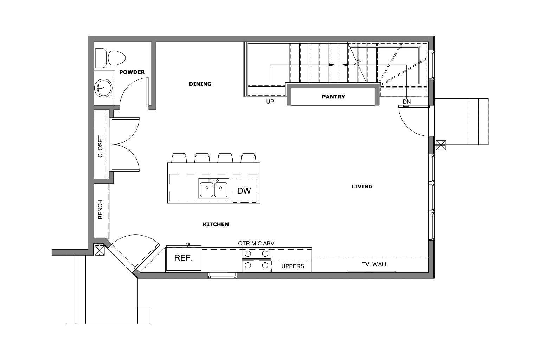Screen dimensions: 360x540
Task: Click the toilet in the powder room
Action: click(110, 58)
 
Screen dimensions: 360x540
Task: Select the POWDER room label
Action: click(132, 72)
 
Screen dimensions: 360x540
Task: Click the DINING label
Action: click(200, 84)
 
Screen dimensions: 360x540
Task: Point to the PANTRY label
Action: click(333, 96)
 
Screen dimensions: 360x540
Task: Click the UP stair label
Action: click(270, 102)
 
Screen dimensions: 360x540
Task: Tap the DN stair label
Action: click(406, 102)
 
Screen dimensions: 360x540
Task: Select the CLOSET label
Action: click(101, 146)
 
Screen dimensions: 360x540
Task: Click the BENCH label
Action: click(101, 210)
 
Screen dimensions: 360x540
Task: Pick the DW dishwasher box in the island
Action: click(244, 191)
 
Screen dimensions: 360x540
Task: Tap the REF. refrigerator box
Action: click(184, 258)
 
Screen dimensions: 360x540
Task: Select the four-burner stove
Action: click(256, 259)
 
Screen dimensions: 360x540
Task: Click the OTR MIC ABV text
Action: click(256, 243)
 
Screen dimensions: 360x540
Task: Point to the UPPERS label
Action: click(292, 266)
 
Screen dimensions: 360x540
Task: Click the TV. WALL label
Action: click(375, 264)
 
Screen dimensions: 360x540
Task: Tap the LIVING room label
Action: click(362, 186)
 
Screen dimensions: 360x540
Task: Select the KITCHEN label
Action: click(216, 224)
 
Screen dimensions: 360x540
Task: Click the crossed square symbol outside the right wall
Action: click(441, 145)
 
